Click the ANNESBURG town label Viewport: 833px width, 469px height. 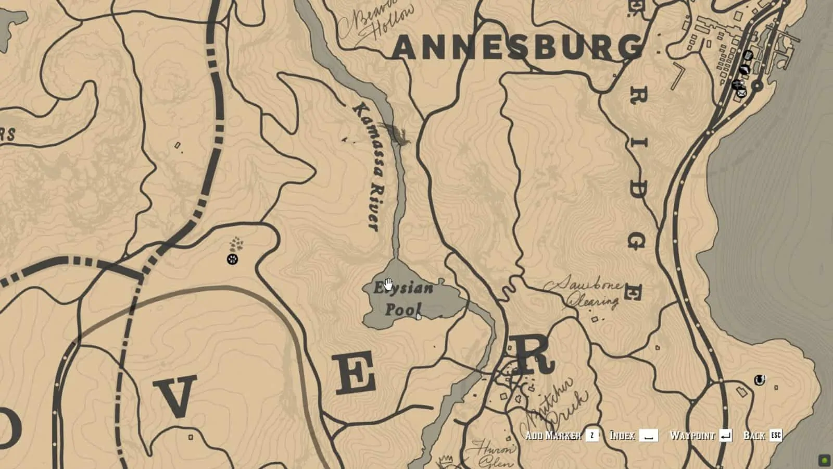tap(517, 47)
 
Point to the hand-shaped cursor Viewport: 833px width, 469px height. tap(388, 285)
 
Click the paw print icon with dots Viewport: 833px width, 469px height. tap(233, 259)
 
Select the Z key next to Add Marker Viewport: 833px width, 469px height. tap(592, 435)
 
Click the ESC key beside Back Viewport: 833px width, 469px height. tap(775, 435)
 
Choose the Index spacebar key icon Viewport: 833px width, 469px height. tap(649, 435)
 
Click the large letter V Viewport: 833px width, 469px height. tap(177, 397)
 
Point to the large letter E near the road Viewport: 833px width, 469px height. tap(356, 373)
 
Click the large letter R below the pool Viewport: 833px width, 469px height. tap(532, 354)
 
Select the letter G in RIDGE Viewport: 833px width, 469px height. tap(636, 241)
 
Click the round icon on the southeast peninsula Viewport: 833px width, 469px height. tap(760, 380)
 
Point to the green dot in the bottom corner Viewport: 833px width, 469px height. tap(824, 460)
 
